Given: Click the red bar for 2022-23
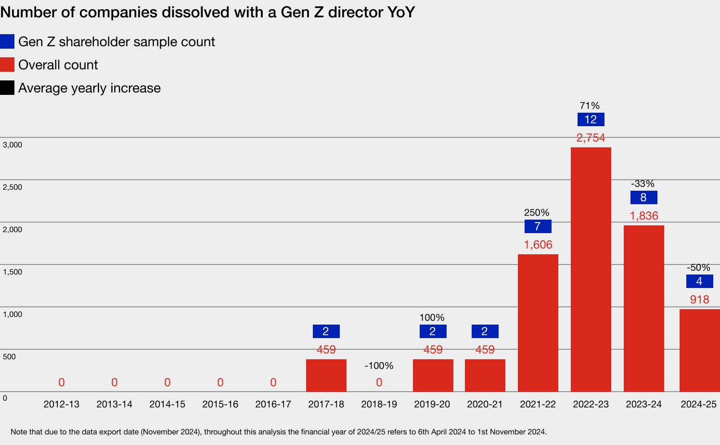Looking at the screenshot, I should click(591, 270).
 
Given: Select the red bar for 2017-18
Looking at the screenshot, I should click(326, 375).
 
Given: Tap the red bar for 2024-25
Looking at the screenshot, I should click(699, 350).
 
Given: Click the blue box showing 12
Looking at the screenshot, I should click(591, 119).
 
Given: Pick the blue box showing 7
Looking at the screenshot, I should click(538, 226).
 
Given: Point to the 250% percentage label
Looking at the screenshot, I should click(537, 212).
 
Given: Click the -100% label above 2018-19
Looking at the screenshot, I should click(379, 366).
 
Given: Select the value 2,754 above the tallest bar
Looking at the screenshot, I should click(591, 138).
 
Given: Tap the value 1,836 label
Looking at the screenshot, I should click(644, 216).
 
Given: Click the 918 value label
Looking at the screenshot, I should click(699, 300).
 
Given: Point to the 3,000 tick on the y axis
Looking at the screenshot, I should click(13, 145).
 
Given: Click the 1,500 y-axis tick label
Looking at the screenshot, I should click(13, 272).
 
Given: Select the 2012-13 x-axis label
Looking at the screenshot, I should click(61, 404).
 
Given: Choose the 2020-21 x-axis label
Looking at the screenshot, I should click(485, 404).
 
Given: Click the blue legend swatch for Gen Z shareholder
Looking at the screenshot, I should click(7, 42).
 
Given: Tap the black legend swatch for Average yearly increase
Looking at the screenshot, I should click(7, 88).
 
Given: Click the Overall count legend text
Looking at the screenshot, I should click(58, 65).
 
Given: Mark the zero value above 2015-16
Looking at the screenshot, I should click(220, 382).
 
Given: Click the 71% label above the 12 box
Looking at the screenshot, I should click(590, 105).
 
